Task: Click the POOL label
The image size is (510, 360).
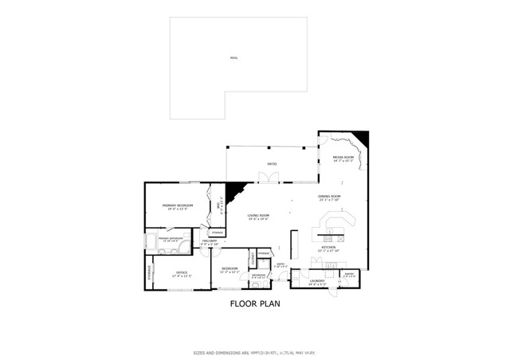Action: pos(233,58)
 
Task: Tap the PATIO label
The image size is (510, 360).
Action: pos(272,165)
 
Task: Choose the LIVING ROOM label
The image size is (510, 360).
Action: pos(258,215)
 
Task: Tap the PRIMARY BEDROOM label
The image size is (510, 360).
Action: pos(175,205)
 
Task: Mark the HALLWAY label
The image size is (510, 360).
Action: pos(210,241)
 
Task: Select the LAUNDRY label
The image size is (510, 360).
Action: pos(317,280)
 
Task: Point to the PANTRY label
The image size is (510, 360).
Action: pos(348,273)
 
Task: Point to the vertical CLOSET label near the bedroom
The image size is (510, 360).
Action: pos(253,260)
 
